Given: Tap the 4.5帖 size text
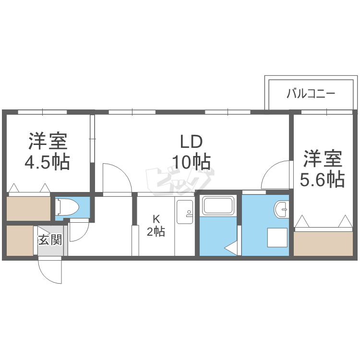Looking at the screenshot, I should click(48, 162).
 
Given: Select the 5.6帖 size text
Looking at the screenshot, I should click(322, 179).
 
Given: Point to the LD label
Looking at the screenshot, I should click(192, 142).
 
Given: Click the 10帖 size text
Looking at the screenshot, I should click(192, 162).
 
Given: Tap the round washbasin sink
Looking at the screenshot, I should click(281, 210).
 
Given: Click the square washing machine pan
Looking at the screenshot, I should click(276, 238).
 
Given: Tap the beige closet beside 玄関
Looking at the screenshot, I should click(19, 240).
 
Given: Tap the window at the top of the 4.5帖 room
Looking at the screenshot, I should click(42, 112).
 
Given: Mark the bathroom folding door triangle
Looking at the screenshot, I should click(231, 247).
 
